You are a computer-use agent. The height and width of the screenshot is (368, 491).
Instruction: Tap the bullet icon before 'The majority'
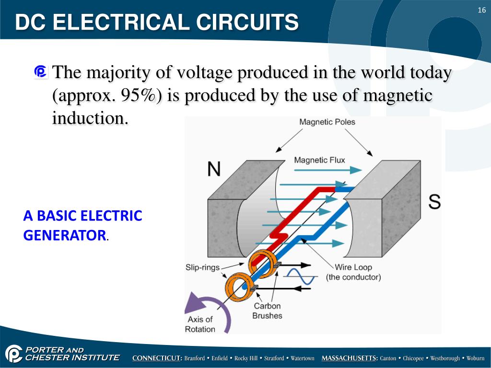tap(41, 72)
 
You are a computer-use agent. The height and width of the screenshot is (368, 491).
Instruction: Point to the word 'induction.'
tap(90, 118)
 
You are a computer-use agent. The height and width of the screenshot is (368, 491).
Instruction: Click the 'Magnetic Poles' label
tap(327, 122)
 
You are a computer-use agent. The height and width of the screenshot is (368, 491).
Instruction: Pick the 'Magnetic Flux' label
tap(319, 160)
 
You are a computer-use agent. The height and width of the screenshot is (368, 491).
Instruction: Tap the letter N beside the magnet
tap(214, 169)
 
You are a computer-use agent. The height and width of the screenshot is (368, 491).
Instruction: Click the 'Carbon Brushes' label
tap(267, 310)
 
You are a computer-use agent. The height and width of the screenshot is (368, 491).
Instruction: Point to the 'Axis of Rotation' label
tap(200, 324)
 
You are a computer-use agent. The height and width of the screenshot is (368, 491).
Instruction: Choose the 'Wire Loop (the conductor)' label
tap(353, 272)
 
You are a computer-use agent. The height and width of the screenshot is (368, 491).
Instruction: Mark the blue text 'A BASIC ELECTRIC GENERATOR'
tap(82, 225)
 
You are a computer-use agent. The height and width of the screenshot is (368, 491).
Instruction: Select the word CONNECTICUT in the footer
tap(157, 358)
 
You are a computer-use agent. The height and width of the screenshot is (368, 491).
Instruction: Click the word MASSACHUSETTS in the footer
tap(350, 358)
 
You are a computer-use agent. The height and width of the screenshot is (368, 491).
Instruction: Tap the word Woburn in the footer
tap(476, 358)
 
